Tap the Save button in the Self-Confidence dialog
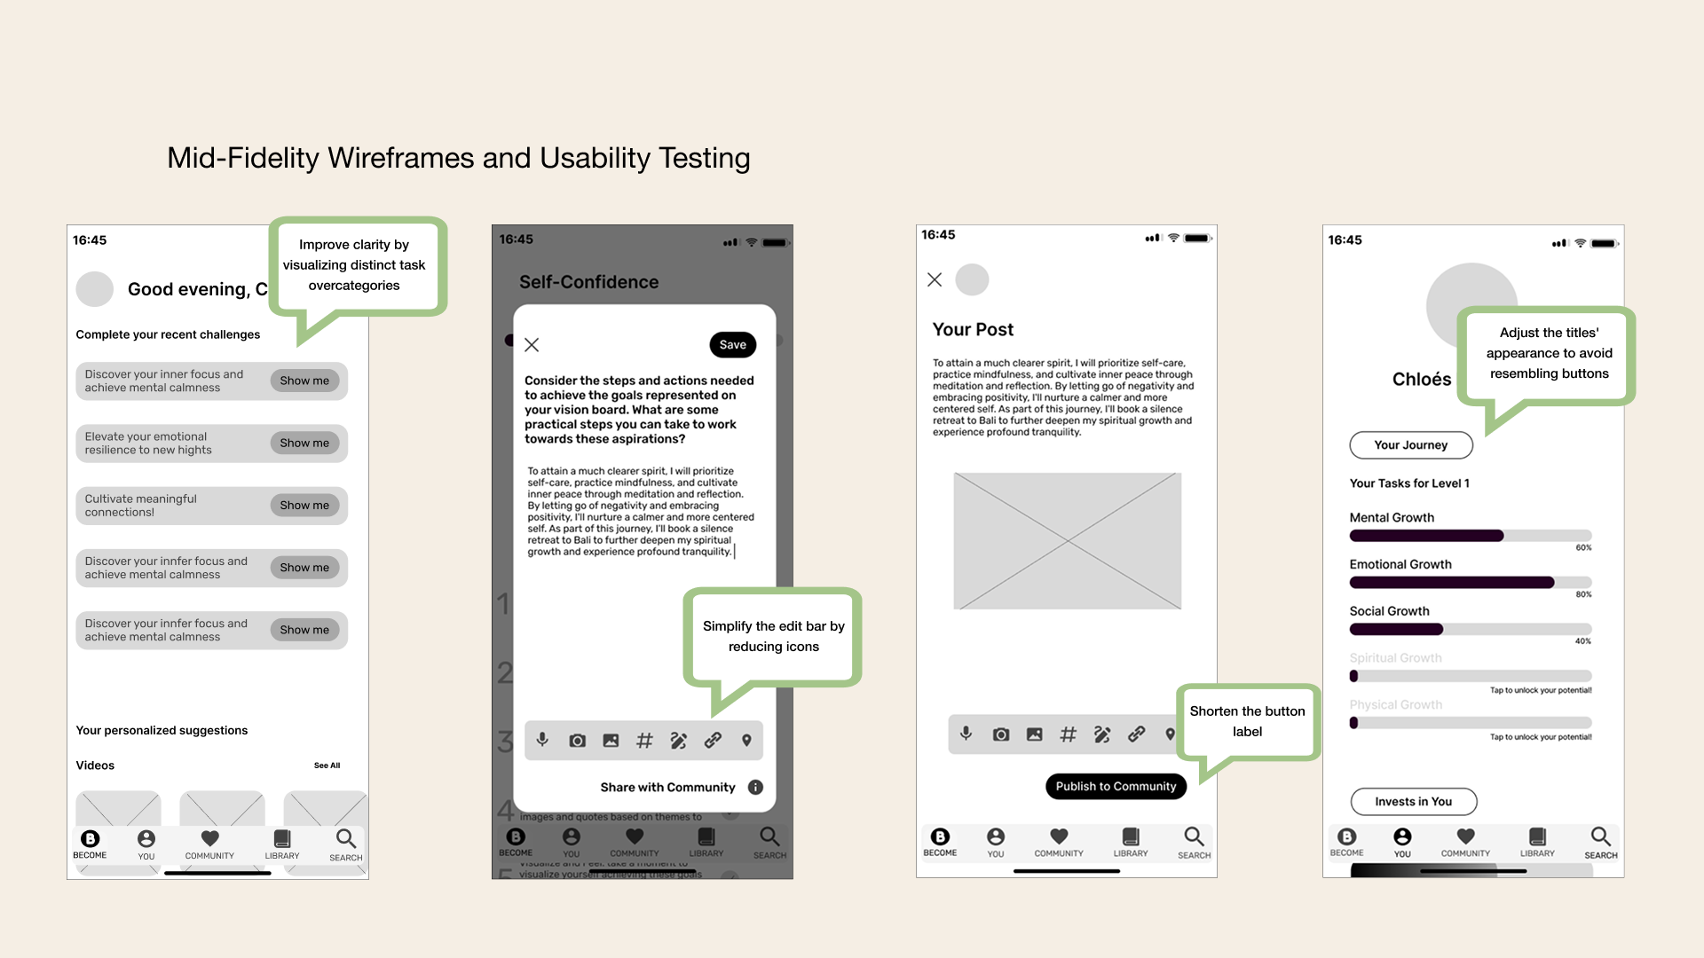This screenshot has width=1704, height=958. (x=732, y=345)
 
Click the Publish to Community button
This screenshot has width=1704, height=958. (x=1116, y=787)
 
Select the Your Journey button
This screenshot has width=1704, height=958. (x=1410, y=445)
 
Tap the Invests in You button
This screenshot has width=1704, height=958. (x=1413, y=802)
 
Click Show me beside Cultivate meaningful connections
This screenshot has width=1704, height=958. (x=304, y=506)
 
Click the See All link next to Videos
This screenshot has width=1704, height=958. (x=327, y=766)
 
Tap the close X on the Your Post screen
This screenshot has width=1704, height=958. (x=935, y=280)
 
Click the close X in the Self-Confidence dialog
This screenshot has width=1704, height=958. (x=532, y=345)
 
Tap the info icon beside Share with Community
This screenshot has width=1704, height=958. (x=755, y=788)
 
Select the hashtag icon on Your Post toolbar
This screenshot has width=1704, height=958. (x=1068, y=734)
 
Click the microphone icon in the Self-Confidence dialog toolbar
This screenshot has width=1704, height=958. (x=542, y=740)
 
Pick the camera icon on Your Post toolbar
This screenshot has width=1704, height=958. (x=1001, y=734)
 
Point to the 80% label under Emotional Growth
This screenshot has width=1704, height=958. (x=1583, y=594)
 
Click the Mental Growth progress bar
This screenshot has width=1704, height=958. (x=1470, y=536)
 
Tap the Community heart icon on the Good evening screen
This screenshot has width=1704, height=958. (x=209, y=839)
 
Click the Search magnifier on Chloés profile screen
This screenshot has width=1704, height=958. (x=1600, y=837)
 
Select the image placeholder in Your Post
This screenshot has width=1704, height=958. (x=1067, y=541)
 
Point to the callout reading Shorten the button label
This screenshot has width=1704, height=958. (x=1247, y=721)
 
